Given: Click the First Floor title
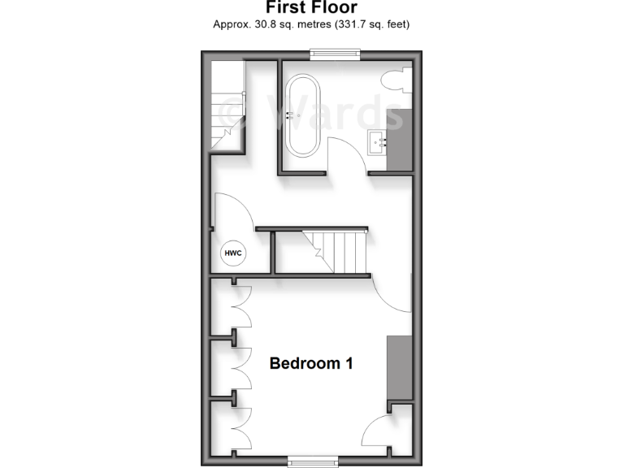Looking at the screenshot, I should [311, 9].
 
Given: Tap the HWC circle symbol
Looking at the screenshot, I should [233, 253].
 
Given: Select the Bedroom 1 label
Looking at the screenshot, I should [311, 363].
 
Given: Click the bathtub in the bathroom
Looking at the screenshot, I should [304, 116].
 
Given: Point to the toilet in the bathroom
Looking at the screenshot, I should [396, 81].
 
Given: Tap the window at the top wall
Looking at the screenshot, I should [334, 54].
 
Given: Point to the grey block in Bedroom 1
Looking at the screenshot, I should [399, 368].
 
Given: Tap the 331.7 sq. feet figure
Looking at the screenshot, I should [364, 24].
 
